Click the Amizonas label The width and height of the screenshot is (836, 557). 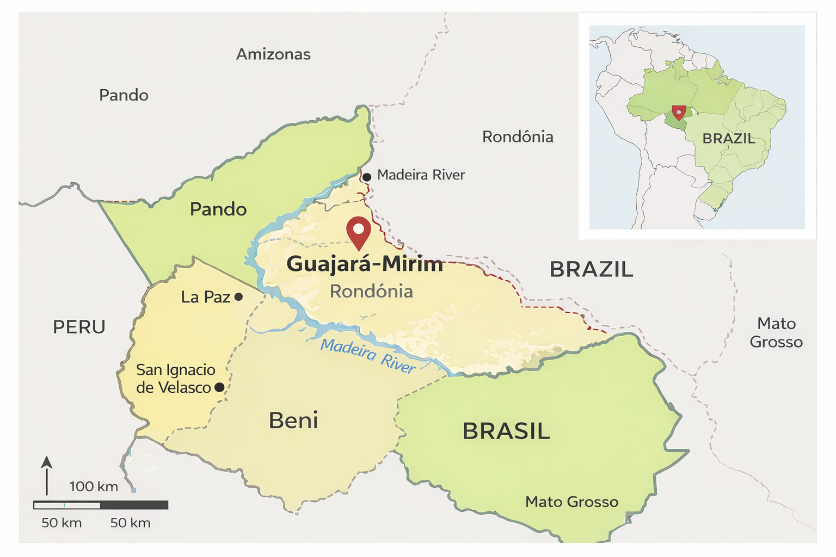[x=273, y=54]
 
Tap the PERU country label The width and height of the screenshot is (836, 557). [x=79, y=327]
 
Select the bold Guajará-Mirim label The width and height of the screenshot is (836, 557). [x=365, y=264]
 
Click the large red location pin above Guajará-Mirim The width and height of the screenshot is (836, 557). [x=359, y=231]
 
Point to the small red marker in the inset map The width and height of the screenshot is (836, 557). [x=678, y=112]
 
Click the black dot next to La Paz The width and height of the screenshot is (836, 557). [x=238, y=297]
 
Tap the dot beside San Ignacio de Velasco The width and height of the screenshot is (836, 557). [x=219, y=387]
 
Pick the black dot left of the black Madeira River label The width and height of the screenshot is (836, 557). [x=367, y=177]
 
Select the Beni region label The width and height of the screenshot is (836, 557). [x=293, y=420]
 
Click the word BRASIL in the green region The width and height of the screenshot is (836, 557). [x=506, y=431]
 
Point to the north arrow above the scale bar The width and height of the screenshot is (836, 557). [x=47, y=474]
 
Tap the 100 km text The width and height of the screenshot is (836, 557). [x=94, y=486]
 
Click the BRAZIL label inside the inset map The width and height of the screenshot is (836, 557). [x=728, y=139]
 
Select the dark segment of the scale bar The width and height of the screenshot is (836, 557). [x=134, y=505]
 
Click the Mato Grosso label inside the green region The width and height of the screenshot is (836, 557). [x=571, y=502]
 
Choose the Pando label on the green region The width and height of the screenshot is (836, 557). [x=218, y=209]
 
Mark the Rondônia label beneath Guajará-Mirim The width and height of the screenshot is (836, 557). [x=371, y=292]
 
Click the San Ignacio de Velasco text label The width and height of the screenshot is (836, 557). [x=175, y=379]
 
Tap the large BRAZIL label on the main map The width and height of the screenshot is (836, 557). [x=592, y=270]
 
